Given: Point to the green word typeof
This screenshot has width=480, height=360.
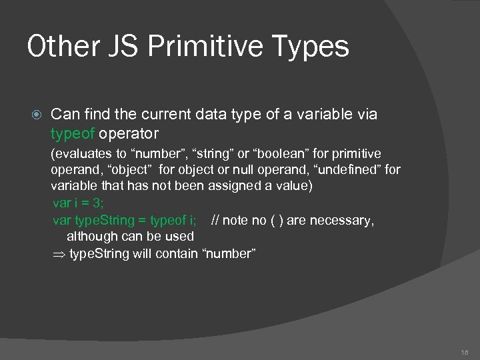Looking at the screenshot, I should (x=73, y=133).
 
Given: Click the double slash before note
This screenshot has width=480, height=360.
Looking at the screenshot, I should (x=215, y=220).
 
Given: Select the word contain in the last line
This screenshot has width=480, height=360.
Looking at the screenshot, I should (x=177, y=253).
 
